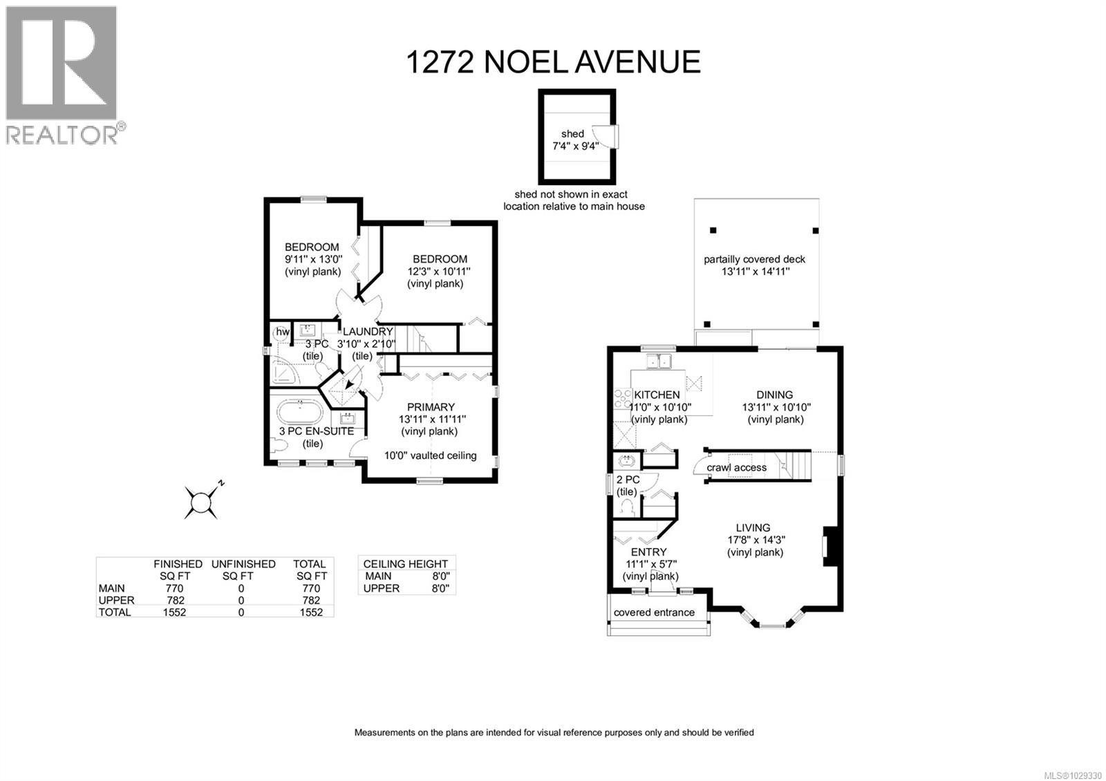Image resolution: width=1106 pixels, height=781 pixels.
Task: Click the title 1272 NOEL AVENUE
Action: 553,62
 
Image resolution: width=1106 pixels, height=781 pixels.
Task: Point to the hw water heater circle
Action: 283,332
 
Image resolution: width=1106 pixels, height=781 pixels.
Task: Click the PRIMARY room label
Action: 431,407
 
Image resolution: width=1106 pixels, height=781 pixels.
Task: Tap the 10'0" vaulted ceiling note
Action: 431,455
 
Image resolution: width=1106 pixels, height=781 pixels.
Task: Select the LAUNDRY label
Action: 368,332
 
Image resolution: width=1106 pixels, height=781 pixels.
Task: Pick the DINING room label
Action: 774,395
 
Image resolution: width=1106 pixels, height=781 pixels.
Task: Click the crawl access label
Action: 736,468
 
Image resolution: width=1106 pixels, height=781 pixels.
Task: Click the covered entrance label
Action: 654,612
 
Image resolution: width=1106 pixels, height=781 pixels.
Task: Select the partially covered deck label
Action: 754,260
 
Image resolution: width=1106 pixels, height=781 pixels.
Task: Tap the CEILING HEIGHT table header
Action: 406,564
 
